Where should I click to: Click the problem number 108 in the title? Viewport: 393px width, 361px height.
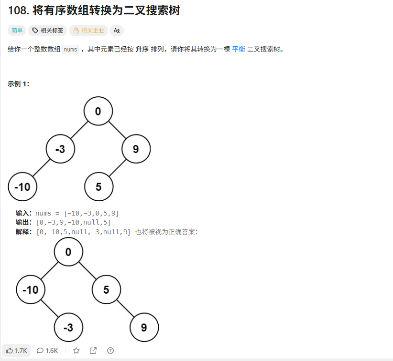(x=17, y=10)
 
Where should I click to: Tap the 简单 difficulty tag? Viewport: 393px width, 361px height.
(x=17, y=31)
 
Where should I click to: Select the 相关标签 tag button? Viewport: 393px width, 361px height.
(x=47, y=31)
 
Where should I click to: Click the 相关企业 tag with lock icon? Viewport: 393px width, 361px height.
(x=88, y=31)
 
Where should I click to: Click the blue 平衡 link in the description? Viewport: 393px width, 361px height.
(x=239, y=49)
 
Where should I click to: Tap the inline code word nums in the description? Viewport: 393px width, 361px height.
(x=70, y=50)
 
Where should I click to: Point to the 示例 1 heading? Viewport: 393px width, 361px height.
(x=18, y=84)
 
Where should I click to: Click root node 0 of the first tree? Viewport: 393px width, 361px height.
(x=98, y=111)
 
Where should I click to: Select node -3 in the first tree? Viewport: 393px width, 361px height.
(x=60, y=149)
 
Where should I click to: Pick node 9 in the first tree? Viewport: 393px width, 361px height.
(x=136, y=149)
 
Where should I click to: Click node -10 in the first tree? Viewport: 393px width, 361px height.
(x=22, y=186)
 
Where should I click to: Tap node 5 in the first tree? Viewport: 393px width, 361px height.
(x=98, y=186)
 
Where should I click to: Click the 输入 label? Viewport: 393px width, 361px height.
(x=23, y=213)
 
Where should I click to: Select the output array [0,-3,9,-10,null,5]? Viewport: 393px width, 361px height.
(x=73, y=222)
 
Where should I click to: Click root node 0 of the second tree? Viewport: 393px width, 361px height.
(x=68, y=252)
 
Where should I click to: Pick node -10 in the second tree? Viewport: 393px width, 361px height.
(x=31, y=289)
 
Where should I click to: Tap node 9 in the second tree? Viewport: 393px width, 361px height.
(x=144, y=327)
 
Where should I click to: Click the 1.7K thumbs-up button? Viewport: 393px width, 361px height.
(x=16, y=351)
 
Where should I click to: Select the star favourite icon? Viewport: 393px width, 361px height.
(x=76, y=351)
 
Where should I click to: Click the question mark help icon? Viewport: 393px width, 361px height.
(x=110, y=351)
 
